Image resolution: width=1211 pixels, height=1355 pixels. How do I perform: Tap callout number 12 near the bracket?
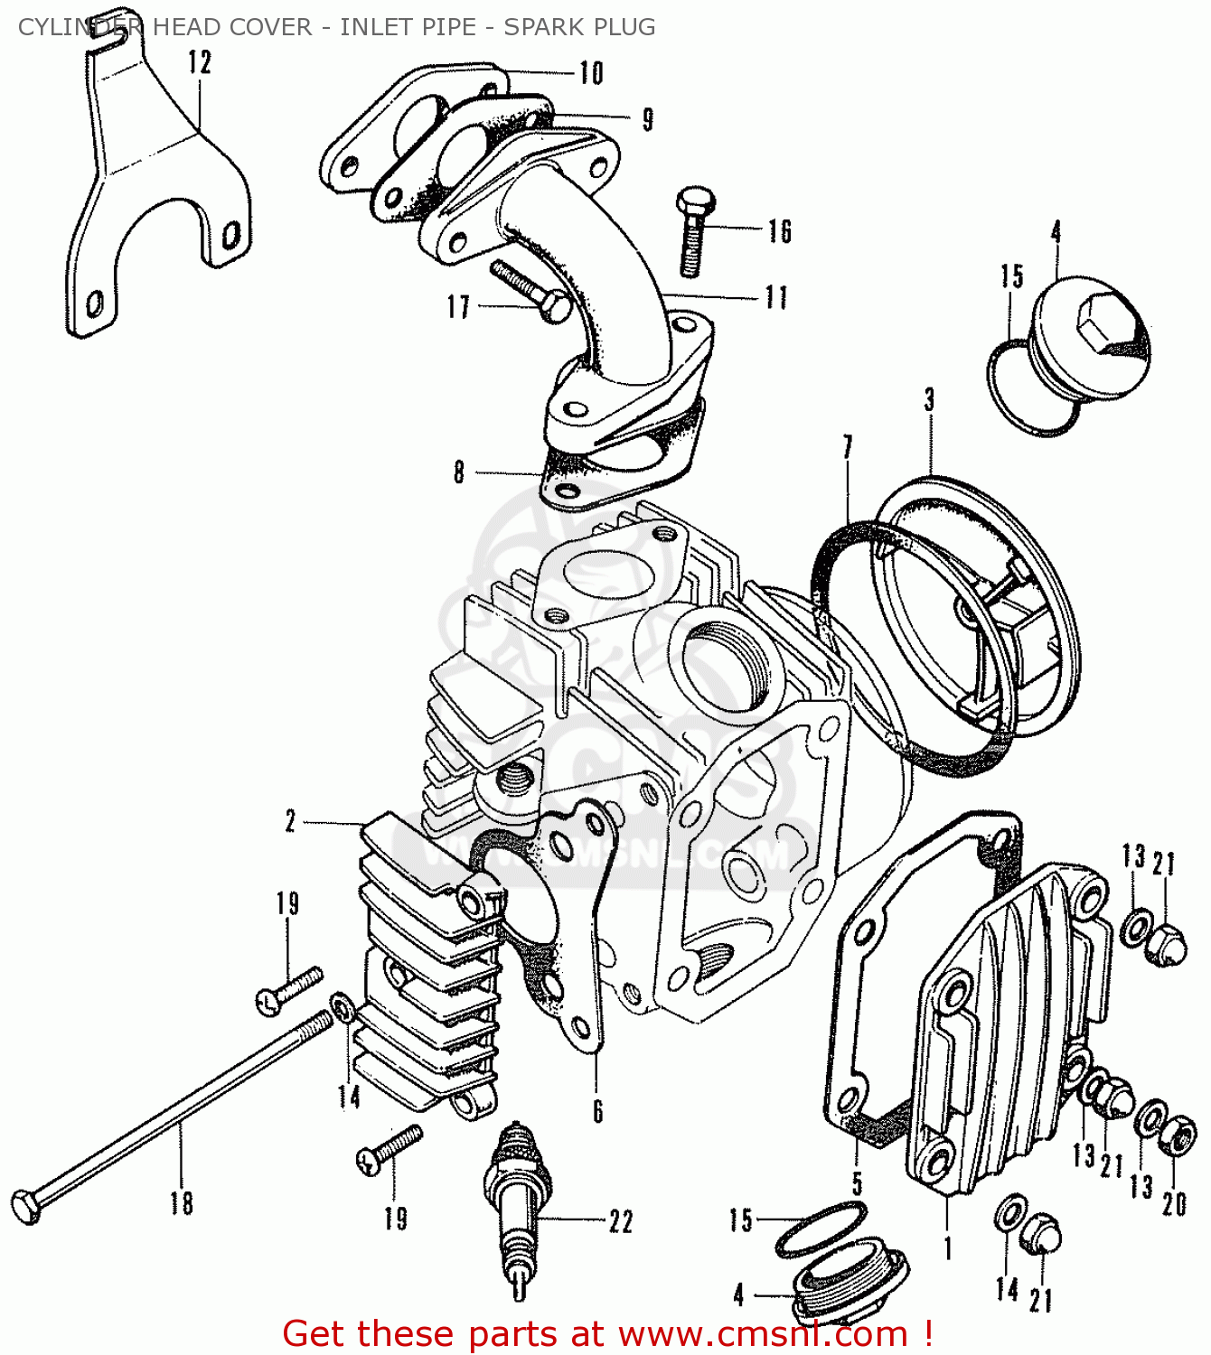click(x=200, y=63)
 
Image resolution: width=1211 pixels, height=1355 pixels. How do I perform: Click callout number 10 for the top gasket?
click(x=591, y=73)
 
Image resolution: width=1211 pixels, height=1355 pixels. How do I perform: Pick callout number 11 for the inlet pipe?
click(x=776, y=298)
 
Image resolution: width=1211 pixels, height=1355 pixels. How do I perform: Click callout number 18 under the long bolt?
click(x=182, y=1203)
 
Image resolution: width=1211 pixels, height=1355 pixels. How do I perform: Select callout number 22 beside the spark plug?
click(x=621, y=1221)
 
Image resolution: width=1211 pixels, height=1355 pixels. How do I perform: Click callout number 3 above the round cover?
click(x=929, y=400)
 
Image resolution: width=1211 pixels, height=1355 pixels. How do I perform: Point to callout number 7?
click(x=848, y=447)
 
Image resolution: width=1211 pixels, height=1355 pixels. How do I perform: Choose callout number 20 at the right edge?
click(x=1174, y=1204)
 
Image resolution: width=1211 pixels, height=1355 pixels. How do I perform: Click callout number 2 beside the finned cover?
click(x=290, y=822)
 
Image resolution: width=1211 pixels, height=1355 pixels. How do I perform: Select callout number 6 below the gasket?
click(x=597, y=1111)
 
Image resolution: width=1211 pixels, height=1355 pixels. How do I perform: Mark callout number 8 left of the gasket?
click(x=459, y=472)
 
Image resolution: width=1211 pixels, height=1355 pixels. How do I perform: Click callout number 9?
click(x=647, y=119)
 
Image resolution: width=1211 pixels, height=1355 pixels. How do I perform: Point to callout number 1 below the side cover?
click(x=948, y=1249)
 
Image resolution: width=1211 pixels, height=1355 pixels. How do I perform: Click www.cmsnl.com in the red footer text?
click(x=763, y=1333)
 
